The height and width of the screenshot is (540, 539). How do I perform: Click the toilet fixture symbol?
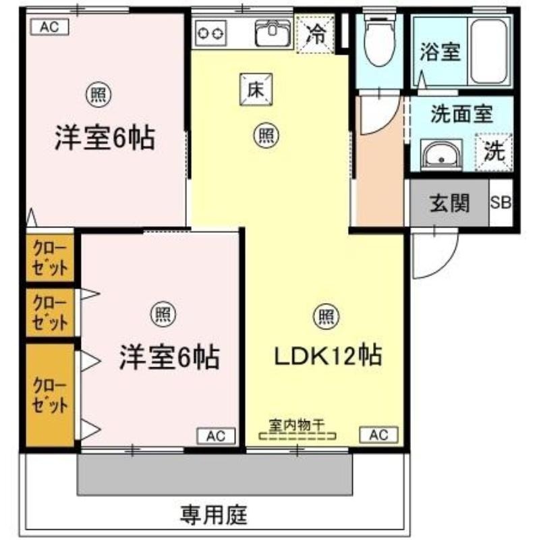pos(379,40)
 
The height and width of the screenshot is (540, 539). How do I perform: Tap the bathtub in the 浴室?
pos(489,51)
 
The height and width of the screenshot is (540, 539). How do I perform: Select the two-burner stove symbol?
pos(210,33)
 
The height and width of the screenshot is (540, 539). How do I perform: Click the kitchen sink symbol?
pos(273,32)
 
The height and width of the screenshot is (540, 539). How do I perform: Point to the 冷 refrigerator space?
pos(315,34)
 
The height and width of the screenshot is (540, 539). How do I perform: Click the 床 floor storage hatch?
pos(256,89)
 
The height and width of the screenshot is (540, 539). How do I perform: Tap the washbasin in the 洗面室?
pos(442,155)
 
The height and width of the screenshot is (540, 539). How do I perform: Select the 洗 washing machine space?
pos(494,152)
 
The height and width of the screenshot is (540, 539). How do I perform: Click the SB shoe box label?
pos(501,202)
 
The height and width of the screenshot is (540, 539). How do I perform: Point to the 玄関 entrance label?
pos(449,203)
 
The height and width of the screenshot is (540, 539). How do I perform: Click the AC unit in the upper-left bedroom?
pos(49,27)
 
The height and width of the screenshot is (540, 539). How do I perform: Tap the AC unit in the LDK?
pos(378,435)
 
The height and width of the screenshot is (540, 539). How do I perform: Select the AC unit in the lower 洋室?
pos(216,436)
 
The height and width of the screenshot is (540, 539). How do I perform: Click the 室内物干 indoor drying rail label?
pos(297,425)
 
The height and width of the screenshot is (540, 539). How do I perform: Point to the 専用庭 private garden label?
pos(214,514)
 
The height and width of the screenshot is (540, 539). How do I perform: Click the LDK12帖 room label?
pos(328,356)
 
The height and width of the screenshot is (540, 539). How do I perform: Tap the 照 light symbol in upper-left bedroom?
pos(98,94)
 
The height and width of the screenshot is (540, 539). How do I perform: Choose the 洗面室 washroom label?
pos(461,113)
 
